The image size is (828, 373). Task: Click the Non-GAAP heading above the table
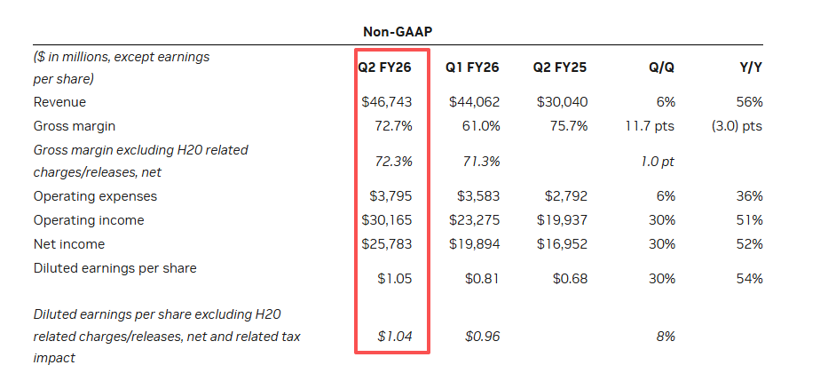[397, 31]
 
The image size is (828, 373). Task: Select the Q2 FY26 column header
[385, 67]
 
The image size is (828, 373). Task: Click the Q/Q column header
[660, 67]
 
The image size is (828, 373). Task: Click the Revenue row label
[59, 102]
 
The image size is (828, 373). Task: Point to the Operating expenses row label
[95, 196]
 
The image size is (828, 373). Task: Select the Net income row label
[69, 243]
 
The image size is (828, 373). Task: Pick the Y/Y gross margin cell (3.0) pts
[737, 126]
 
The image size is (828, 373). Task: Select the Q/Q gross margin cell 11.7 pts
[651, 126]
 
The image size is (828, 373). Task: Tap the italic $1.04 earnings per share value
[395, 337]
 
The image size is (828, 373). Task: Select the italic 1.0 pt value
[657, 162]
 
